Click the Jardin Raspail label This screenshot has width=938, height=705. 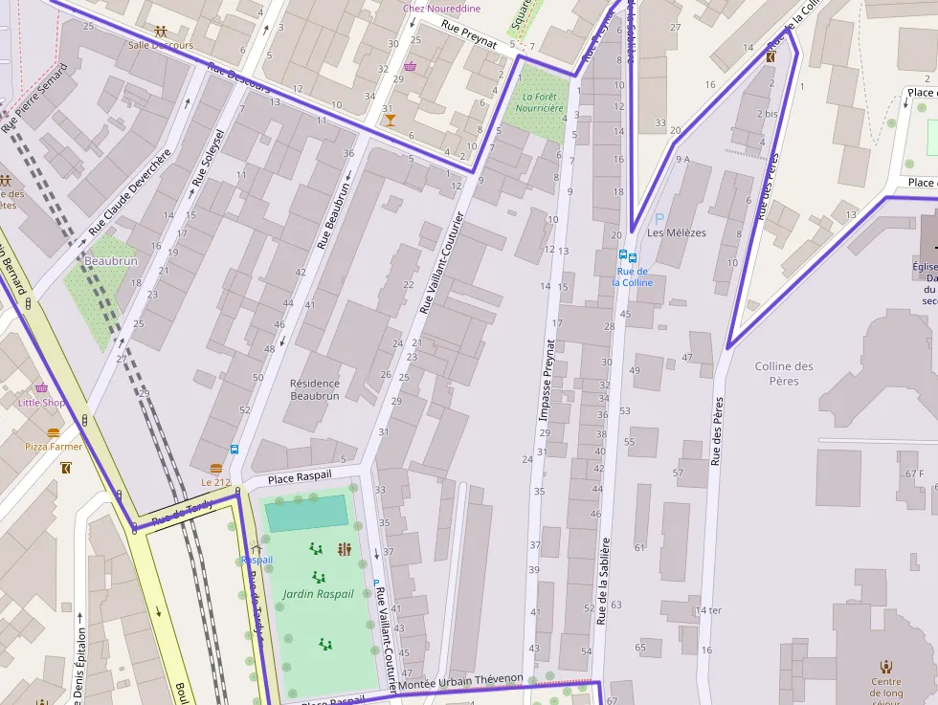(318, 594)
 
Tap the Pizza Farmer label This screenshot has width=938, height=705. (53, 447)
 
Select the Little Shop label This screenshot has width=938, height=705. (41, 403)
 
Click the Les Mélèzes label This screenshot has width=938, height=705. (676, 232)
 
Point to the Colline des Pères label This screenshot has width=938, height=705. (784, 373)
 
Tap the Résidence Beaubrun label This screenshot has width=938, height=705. (315, 389)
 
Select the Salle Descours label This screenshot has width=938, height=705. (160, 45)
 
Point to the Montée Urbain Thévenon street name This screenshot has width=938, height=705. (461, 679)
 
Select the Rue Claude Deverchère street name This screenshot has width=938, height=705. (130, 192)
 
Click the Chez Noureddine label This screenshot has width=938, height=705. (441, 8)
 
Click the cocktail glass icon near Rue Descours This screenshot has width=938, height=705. (389, 120)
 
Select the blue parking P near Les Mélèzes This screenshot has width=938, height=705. (659, 218)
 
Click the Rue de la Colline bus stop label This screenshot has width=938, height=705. (632, 276)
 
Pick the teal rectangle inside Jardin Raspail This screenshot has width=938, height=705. (306, 514)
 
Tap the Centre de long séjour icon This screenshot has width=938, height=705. (886, 667)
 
